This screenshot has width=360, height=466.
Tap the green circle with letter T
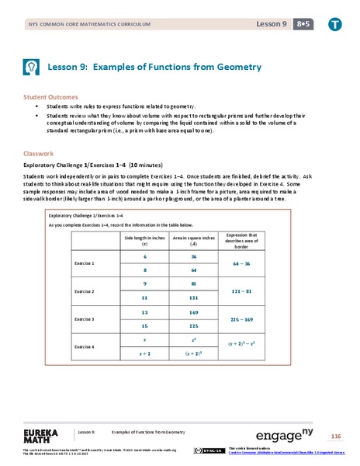click(x=335, y=24)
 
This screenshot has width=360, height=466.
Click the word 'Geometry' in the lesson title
click(x=237, y=68)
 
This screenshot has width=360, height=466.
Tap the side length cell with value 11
click(x=145, y=297)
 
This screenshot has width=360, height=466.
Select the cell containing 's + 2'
click(x=145, y=353)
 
